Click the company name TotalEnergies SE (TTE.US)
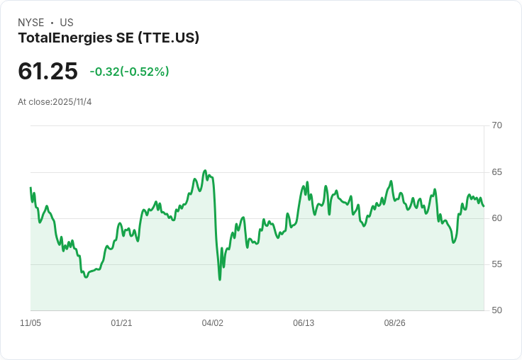click(x=109, y=38)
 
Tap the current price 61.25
click(x=48, y=72)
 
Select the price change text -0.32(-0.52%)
click(x=129, y=72)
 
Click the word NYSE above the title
click(x=30, y=23)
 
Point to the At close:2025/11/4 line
click(x=55, y=102)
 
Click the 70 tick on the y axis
click(x=496, y=125)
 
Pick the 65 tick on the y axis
click(x=496, y=172)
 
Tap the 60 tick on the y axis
click(x=496, y=218)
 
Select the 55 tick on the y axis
click(x=496, y=264)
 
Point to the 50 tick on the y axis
click(x=496, y=310)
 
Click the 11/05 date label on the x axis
click(x=30, y=323)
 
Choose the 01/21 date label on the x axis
click(x=121, y=323)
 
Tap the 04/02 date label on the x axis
click(x=212, y=323)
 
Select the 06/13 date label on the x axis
click(x=304, y=323)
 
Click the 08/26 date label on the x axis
click(x=394, y=323)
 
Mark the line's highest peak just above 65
click(x=205, y=171)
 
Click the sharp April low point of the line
click(x=220, y=279)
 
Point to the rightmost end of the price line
click(x=484, y=206)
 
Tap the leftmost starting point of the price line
click(x=30, y=188)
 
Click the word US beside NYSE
click(x=67, y=23)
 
